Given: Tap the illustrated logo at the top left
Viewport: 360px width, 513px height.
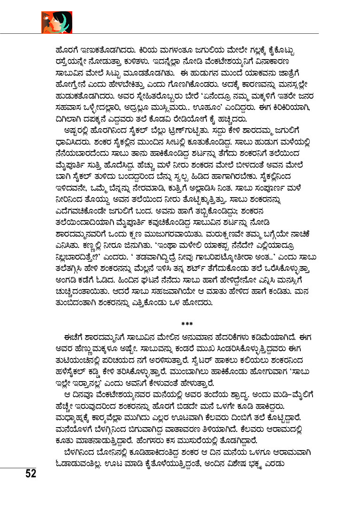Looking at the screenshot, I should (x=56, y=22).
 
